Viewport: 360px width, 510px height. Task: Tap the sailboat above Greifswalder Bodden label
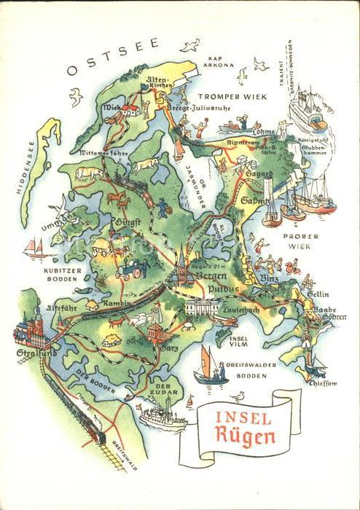tap(210, 366)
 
